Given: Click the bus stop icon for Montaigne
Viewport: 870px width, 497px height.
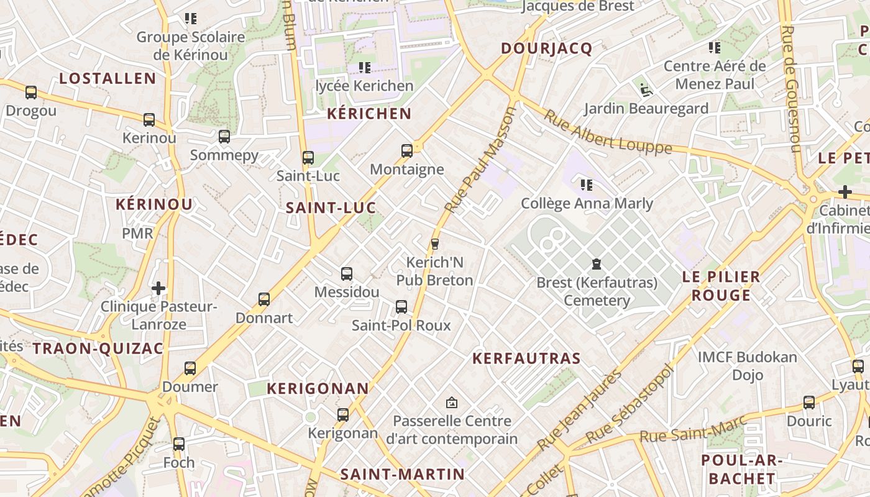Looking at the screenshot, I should click(x=407, y=150).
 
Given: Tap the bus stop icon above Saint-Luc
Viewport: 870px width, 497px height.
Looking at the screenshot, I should click(x=308, y=157).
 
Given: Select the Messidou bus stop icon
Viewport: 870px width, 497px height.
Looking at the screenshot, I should click(x=347, y=273).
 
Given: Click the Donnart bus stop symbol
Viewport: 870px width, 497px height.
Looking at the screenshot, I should click(x=264, y=299).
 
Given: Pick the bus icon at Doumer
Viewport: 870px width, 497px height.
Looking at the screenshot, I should click(x=190, y=368).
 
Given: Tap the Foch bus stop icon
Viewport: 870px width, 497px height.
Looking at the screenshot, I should click(x=179, y=444).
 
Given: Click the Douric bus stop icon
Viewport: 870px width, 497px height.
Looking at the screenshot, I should click(x=809, y=402).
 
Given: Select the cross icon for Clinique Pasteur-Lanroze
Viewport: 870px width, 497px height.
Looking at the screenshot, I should click(x=159, y=288).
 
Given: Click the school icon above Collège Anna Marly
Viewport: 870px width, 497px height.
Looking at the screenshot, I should click(x=586, y=185).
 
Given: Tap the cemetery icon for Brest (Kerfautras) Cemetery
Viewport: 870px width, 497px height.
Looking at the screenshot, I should click(x=597, y=264).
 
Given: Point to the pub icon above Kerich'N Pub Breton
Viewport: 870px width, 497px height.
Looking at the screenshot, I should click(x=435, y=244).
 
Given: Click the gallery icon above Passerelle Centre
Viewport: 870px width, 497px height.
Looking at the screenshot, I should click(x=452, y=403).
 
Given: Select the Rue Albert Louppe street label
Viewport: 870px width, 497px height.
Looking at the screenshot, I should click(x=608, y=132).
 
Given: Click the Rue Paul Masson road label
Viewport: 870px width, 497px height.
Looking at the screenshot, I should click(x=481, y=160).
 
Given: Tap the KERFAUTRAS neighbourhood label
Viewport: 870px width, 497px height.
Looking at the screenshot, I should click(x=526, y=358).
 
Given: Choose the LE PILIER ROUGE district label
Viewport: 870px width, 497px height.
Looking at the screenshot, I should click(x=721, y=286).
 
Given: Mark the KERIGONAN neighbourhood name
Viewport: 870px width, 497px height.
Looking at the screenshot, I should click(x=318, y=388).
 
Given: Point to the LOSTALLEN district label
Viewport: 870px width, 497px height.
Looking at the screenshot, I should click(x=108, y=78).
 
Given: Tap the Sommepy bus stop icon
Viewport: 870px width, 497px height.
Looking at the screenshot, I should click(x=224, y=136).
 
